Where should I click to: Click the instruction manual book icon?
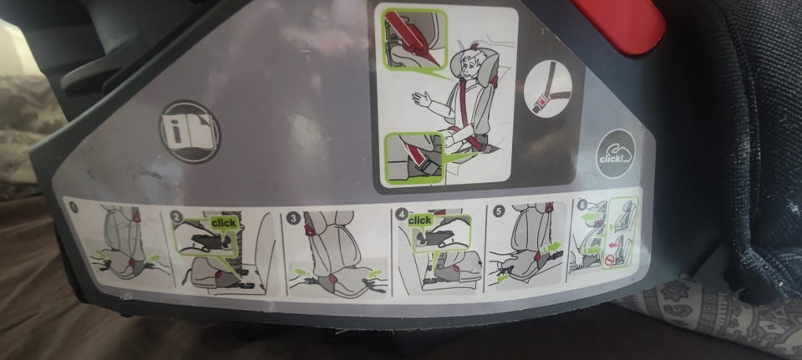tap(190, 132)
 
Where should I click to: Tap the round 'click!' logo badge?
tap(614, 153)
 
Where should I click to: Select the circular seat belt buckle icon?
tap(548, 89)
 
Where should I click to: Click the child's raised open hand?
tap(420, 98)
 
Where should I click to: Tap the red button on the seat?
tap(620, 24)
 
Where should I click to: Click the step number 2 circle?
tap(177, 217)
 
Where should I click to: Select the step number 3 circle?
tap(293, 219)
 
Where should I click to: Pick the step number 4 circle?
tap(402, 215)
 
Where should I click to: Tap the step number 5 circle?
tap(500, 210)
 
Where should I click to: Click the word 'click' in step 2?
tap(224, 223)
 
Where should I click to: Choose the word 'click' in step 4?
tap(420, 221)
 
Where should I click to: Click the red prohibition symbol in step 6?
tap(608, 261)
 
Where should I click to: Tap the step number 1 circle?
tap(73, 207)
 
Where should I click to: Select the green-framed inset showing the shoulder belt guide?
tap(414, 40)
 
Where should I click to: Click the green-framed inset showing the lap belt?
tap(414, 158)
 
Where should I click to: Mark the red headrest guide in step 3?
tap(310, 230)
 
